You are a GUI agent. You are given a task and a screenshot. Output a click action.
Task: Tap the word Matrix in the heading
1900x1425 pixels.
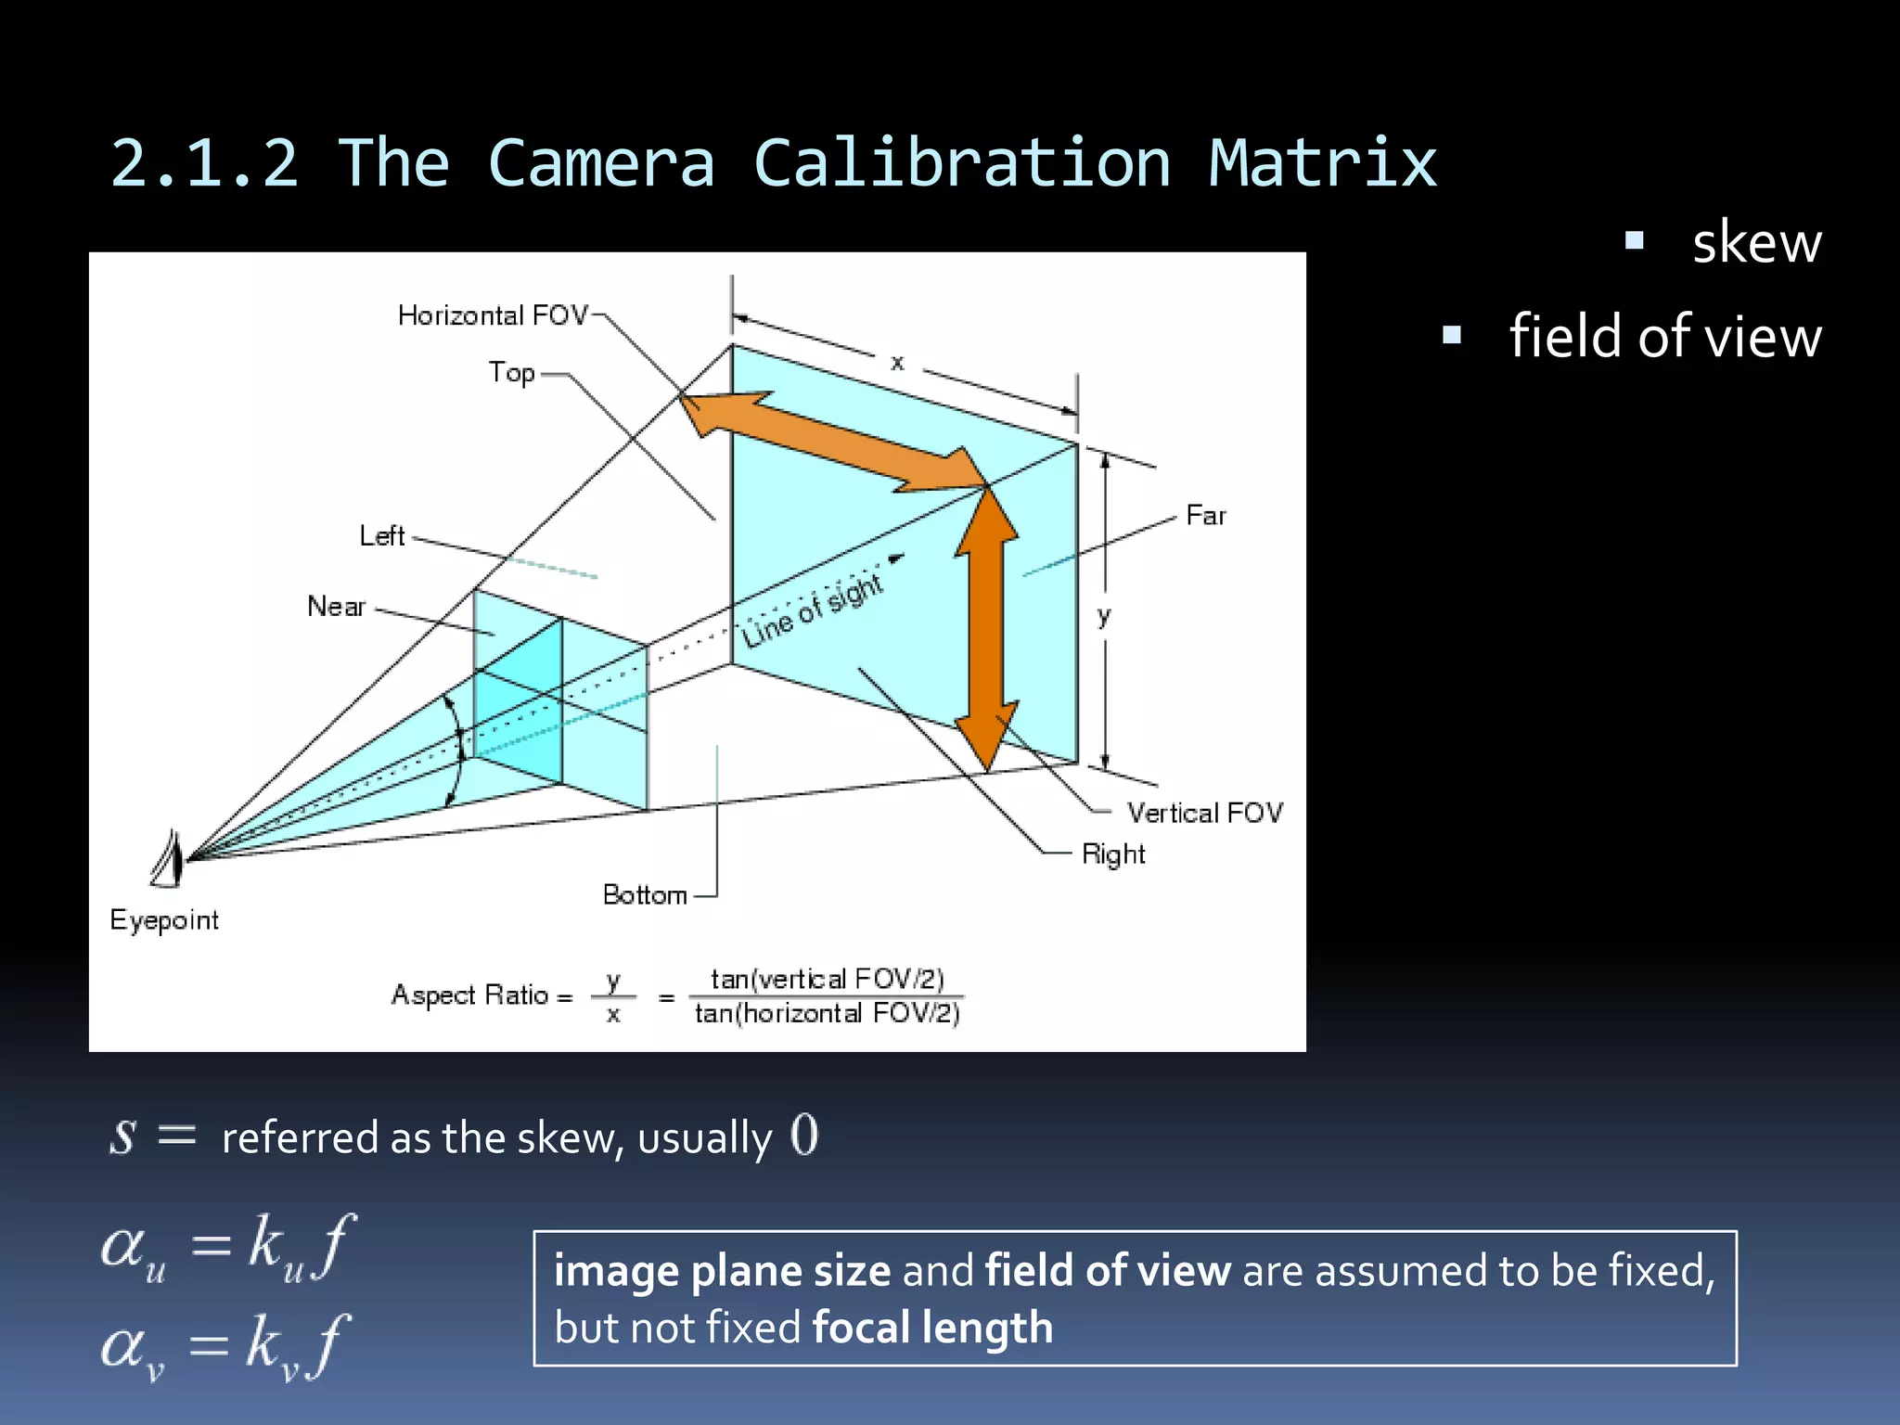click(x=1322, y=163)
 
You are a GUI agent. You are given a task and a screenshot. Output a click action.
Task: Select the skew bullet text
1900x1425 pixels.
click(x=1756, y=243)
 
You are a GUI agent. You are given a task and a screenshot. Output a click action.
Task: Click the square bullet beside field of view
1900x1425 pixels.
click(x=1452, y=335)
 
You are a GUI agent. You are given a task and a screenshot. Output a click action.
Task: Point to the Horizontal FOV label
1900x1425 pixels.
click(x=493, y=315)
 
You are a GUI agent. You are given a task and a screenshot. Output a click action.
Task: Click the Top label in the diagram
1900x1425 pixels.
click(x=512, y=373)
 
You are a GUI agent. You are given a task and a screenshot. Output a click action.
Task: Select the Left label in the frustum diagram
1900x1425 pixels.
click(x=382, y=536)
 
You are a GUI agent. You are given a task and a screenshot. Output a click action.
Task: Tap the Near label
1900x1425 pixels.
click(x=336, y=607)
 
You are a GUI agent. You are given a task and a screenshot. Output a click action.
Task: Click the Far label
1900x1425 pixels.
click(x=1205, y=515)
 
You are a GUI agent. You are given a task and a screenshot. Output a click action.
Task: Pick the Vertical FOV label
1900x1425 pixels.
click(x=1204, y=813)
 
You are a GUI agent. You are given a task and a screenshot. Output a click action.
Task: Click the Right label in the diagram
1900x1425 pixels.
click(x=1113, y=854)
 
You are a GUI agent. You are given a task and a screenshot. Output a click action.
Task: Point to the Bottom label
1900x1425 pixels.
click(x=645, y=894)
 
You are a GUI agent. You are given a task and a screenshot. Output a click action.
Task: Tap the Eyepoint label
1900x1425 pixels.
click(x=164, y=920)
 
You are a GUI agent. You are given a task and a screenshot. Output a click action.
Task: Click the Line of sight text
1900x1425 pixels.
click(x=812, y=610)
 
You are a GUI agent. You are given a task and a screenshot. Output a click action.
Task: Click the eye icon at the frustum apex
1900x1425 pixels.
click(x=168, y=859)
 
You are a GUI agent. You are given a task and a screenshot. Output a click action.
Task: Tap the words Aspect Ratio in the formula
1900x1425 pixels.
click(x=470, y=995)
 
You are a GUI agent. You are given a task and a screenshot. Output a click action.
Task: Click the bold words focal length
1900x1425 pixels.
click(x=932, y=1328)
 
